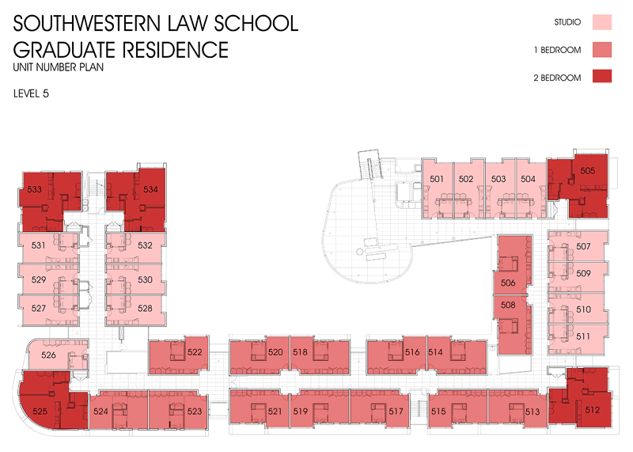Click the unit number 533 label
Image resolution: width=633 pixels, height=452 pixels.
tap(35, 190)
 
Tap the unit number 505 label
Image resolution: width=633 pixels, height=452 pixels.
tap(587, 171)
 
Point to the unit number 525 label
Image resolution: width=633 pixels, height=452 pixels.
tap(40, 411)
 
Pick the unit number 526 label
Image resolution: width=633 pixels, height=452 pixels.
tap(48, 355)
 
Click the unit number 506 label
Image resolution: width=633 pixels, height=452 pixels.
tap(508, 283)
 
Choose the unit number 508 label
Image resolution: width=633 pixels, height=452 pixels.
tap(508, 304)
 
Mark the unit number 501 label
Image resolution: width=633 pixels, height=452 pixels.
tap(437, 179)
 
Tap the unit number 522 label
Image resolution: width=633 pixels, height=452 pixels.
tap(195, 351)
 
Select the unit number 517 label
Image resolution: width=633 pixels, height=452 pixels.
tap(396, 412)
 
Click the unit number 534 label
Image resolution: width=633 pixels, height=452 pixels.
tap(150, 190)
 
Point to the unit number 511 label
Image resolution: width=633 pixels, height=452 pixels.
tap(584, 336)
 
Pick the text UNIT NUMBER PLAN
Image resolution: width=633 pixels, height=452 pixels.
tap(59, 68)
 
